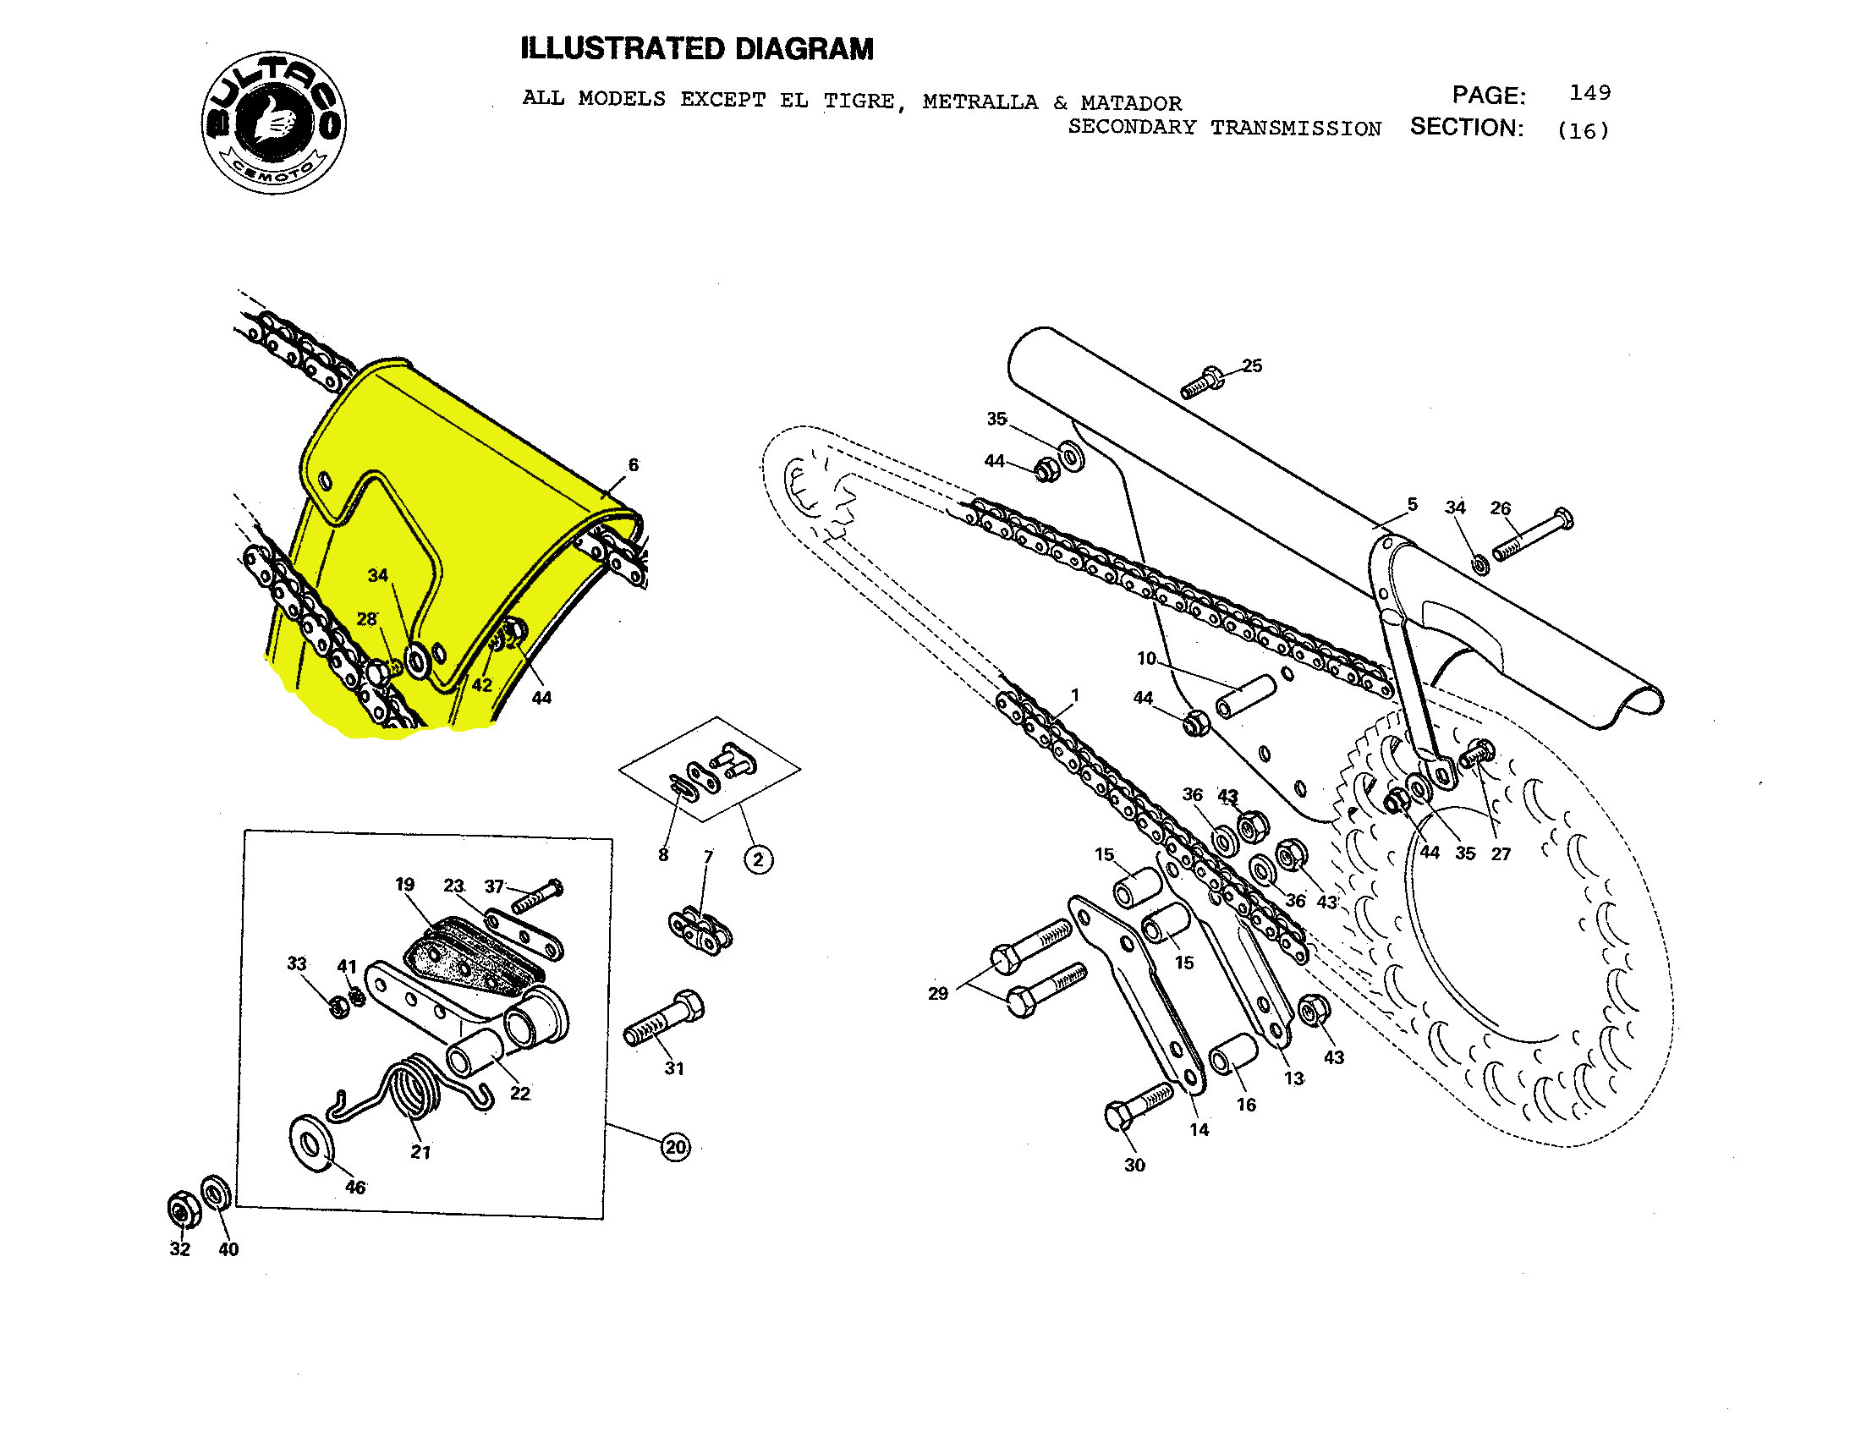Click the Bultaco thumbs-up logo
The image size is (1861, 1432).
pyautogui.click(x=273, y=122)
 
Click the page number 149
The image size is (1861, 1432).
pyautogui.click(x=1589, y=92)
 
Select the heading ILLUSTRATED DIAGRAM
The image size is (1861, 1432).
pyautogui.click(x=696, y=49)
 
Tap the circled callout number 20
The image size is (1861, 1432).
pyautogui.click(x=676, y=1147)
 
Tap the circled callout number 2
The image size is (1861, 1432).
pyautogui.click(x=759, y=859)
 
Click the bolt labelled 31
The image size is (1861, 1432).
pyautogui.click(x=665, y=1020)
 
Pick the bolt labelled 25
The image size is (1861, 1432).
pyautogui.click(x=1201, y=382)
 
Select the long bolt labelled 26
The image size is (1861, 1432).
pyautogui.click(x=1532, y=534)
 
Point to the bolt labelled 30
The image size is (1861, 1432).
pyautogui.click(x=1137, y=1106)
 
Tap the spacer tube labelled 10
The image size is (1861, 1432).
pyautogui.click(x=1245, y=696)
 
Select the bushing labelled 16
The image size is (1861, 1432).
pyautogui.click(x=1232, y=1054)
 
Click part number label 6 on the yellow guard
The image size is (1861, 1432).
pyautogui.click(x=633, y=465)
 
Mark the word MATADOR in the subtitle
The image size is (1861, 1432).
pyautogui.click(x=1131, y=103)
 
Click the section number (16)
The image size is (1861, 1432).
pyautogui.click(x=1583, y=130)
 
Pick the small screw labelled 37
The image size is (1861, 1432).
pyautogui.click(x=538, y=893)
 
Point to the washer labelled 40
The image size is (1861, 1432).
pyautogui.click(x=216, y=1193)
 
